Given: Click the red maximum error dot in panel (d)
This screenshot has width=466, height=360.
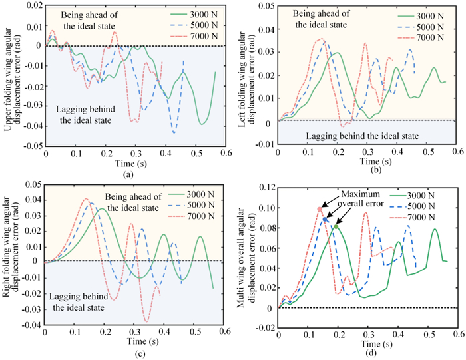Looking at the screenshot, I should point(320,209).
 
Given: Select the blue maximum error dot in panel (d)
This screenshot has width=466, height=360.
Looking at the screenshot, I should point(325,219).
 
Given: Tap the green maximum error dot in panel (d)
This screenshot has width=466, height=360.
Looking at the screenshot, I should point(336,227).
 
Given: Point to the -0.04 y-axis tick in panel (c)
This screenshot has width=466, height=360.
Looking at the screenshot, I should point(29,325).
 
